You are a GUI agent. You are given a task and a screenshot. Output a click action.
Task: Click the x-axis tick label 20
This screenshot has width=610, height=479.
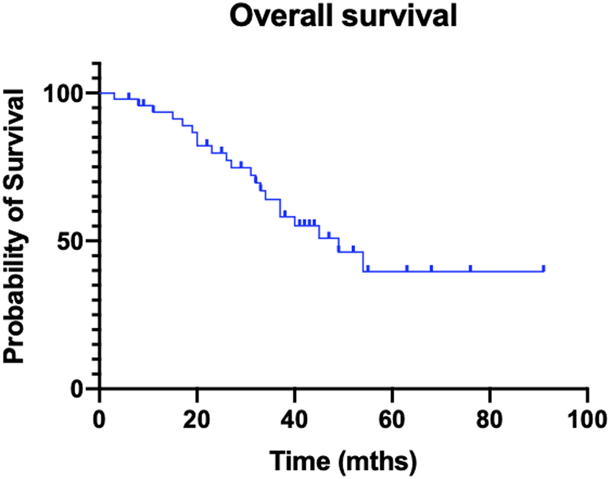[x=197, y=420]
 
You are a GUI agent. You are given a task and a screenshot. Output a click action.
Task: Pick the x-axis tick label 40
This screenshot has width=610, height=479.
[x=294, y=420]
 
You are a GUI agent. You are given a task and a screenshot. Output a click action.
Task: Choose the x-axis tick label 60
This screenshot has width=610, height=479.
[x=392, y=420]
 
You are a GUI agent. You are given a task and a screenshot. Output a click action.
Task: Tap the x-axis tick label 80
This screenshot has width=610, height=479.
[x=489, y=420]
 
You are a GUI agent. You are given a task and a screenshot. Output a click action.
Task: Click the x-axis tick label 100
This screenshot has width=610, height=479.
[x=587, y=420]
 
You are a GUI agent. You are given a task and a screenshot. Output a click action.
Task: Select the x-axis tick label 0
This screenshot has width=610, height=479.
[x=99, y=420]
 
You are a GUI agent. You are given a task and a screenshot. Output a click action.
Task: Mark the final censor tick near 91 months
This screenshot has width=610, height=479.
[x=544, y=268]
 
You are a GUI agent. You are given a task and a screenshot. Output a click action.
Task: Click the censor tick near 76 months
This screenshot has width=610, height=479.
[x=471, y=268]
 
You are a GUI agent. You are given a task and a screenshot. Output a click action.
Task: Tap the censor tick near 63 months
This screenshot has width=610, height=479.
[x=407, y=268]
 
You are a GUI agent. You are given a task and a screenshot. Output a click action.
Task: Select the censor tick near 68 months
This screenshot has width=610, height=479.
[x=432, y=268]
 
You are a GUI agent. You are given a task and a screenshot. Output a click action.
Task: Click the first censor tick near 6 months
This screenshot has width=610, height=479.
[x=129, y=95]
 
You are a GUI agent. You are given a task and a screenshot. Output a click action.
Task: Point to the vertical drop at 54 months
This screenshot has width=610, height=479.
[x=363, y=261]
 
